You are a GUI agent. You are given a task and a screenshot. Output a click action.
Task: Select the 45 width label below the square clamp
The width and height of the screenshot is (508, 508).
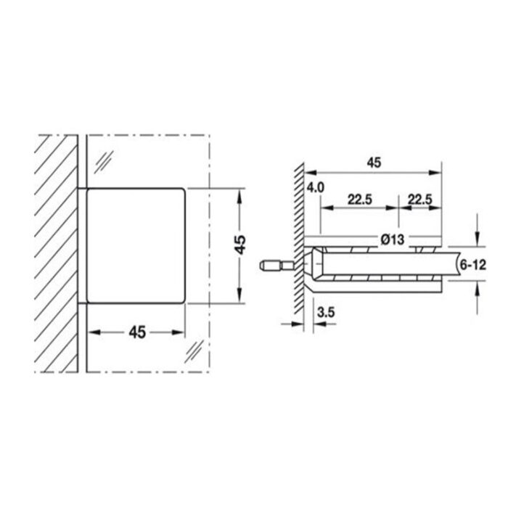click(137, 332)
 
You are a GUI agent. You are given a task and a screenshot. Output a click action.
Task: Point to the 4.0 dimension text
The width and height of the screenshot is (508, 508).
click(315, 189)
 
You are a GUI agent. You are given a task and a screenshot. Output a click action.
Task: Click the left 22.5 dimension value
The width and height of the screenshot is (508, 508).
click(360, 199)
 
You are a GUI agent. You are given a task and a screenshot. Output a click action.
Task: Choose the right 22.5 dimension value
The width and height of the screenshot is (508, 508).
click(420, 199)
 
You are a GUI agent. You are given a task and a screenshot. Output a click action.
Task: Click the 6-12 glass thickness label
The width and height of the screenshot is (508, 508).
click(472, 266)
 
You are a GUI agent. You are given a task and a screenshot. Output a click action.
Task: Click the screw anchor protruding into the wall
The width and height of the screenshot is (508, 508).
click(275, 266)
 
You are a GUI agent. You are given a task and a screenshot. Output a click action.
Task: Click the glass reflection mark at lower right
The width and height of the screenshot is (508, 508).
click(194, 351)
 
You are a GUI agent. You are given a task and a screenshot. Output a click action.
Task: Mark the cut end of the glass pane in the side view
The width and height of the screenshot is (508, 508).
click(454, 266)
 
